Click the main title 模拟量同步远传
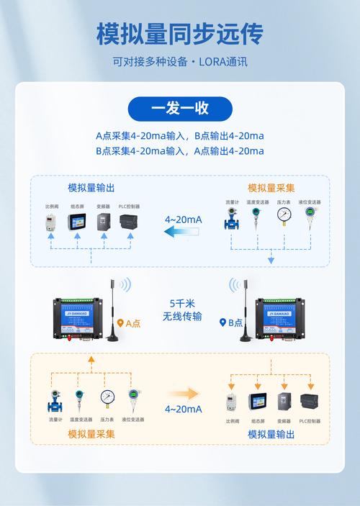click(x=180, y=34)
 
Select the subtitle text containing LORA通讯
click(x=180, y=61)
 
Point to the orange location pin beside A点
click(x=120, y=323)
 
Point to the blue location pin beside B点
click(x=223, y=323)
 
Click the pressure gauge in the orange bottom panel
click(x=107, y=399)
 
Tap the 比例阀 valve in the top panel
click(x=50, y=222)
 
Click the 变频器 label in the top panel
click(x=104, y=206)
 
